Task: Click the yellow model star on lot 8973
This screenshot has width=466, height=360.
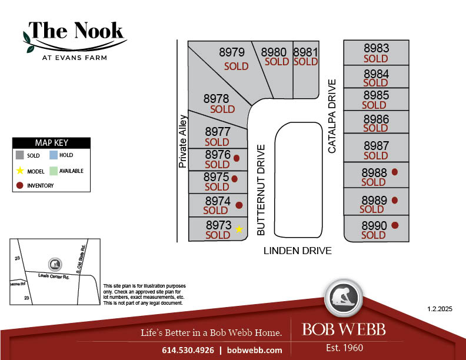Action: click(x=239, y=229)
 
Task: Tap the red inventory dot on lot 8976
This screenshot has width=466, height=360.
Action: click(x=237, y=158)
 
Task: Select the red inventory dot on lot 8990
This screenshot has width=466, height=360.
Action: click(x=395, y=225)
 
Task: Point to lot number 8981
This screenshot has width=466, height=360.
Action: click(x=305, y=52)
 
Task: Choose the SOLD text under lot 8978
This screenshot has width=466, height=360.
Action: click(x=222, y=109)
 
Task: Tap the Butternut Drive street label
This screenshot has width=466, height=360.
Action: click(x=262, y=190)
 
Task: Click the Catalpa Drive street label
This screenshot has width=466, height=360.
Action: click(x=332, y=116)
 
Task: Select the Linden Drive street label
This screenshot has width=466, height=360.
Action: click(x=297, y=251)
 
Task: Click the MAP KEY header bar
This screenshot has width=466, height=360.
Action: click(x=52, y=142)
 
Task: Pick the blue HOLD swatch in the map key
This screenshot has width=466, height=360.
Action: click(x=53, y=155)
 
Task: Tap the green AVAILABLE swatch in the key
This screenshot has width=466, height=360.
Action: click(x=53, y=171)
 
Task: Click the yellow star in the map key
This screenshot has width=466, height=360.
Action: click(x=20, y=171)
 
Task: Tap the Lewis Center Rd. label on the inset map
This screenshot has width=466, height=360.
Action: click(x=54, y=276)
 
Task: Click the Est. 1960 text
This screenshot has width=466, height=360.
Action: click(x=345, y=348)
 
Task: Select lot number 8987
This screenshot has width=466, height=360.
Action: click(x=376, y=145)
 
